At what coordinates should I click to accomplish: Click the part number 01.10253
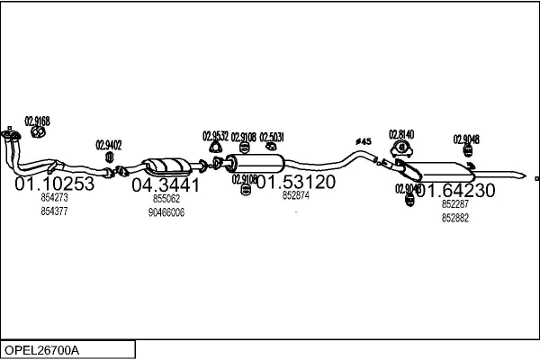(54, 184)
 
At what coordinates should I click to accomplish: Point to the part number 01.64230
(454, 190)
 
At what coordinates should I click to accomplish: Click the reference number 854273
(54, 197)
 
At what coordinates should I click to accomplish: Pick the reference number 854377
(54, 211)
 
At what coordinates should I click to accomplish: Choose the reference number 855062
(166, 198)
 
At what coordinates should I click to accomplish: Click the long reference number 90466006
(166, 212)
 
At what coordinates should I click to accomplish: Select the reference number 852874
(295, 195)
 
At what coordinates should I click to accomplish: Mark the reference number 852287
(455, 204)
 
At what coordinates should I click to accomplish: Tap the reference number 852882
(455, 219)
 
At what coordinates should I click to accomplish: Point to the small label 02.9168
(37, 121)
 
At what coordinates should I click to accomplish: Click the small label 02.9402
(109, 144)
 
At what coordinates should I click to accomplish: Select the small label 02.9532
(215, 137)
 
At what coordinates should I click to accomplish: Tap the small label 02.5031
(271, 138)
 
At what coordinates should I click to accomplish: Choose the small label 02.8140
(401, 134)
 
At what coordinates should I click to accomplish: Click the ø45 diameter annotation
(364, 141)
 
